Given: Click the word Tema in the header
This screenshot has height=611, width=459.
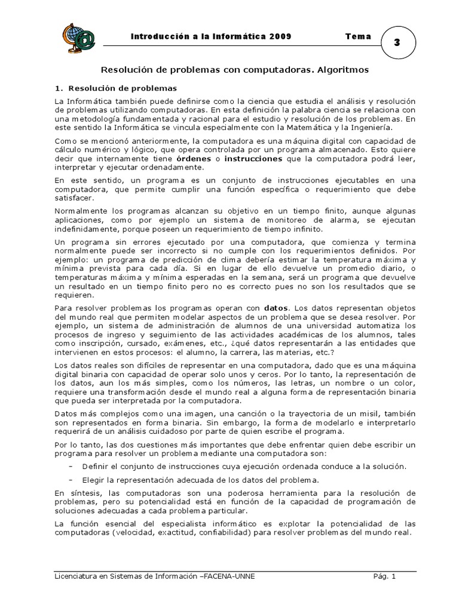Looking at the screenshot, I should coord(358,36).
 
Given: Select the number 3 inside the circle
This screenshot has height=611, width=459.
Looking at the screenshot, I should coord(397,43).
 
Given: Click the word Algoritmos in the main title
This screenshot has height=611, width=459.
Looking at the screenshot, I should coord(340,70).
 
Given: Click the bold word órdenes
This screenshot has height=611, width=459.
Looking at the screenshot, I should coord(193,160).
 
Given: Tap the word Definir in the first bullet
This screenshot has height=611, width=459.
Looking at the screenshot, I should coord(94,466).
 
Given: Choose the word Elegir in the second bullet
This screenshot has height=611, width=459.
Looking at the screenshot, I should coord(93,480).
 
